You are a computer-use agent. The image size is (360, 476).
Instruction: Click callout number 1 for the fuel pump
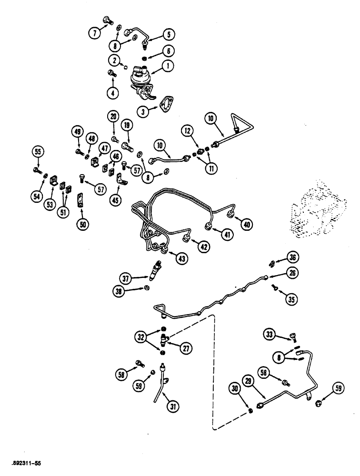point(167,68)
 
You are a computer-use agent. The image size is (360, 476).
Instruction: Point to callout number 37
point(127,278)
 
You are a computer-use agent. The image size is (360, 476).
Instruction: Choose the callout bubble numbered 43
point(182,258)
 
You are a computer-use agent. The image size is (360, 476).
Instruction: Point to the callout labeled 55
point(37,152)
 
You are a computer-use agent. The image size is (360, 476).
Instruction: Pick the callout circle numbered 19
point(126,125)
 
